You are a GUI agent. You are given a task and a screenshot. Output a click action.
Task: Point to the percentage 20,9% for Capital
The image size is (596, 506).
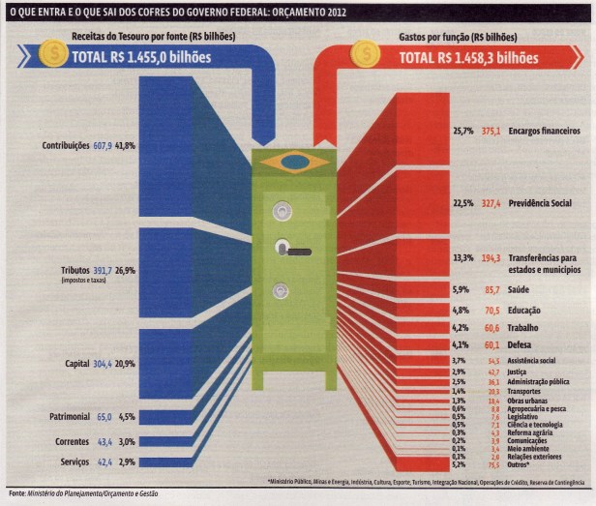tap(126, 365)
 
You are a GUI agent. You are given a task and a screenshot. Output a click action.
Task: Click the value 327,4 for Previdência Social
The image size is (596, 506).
tap(492, 204)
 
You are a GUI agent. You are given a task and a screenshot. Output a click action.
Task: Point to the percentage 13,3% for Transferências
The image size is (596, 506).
tap(462, 258)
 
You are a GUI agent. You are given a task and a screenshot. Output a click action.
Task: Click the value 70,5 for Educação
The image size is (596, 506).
tap(492, 311)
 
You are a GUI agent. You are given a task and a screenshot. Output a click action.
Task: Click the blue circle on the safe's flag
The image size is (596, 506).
tap(294, 162)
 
